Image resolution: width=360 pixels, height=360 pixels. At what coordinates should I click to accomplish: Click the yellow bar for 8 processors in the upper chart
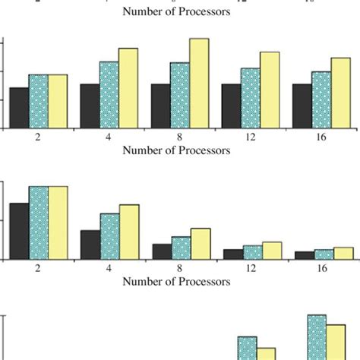tap(199, 84)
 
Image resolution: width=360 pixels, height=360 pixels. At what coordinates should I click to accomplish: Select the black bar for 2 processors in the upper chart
tap(19, 108)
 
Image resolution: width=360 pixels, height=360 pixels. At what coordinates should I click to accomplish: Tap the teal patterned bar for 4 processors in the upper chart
tap(109, 95)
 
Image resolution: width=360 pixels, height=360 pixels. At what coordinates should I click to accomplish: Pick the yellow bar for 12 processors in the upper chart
tap(270, 90)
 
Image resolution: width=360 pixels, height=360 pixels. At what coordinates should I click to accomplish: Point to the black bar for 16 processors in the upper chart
tap(302, 106)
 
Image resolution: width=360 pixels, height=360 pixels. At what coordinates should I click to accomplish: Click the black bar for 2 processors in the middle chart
tap(19, 232)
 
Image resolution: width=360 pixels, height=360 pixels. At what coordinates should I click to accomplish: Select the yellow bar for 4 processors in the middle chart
tap(129, 232)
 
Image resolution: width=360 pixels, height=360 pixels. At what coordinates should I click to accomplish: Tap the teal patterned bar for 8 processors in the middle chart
tap(180, 248)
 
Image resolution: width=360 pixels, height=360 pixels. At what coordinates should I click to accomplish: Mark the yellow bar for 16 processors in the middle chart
tap(343, 254)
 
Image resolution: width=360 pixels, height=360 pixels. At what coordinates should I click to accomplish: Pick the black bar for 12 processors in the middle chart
tap(232, 254)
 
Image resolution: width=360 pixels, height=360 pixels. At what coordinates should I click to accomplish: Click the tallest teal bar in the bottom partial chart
tap(317, 337)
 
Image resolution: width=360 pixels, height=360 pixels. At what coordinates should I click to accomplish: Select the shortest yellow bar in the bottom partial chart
tap(266, 353)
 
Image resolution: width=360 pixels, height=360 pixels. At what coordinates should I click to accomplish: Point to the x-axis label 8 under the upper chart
tap(180, 137)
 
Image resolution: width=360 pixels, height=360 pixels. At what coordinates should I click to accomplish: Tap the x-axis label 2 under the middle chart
tap(39, 269)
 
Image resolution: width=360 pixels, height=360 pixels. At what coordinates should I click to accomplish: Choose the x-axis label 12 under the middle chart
tap(251, 269)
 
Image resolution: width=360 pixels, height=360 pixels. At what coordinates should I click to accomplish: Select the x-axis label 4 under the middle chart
tap(109, 269)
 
